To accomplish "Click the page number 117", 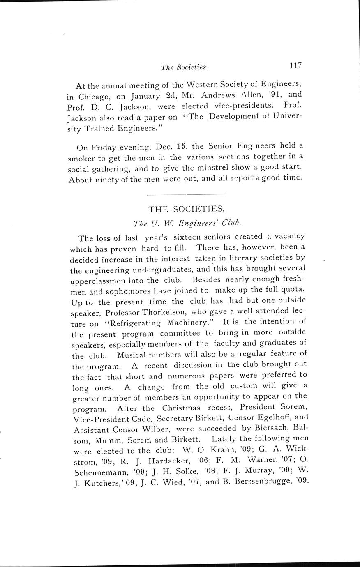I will coord(295,65).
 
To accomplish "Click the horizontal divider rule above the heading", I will coord(186,194).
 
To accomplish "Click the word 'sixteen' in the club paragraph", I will coord(188,237).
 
